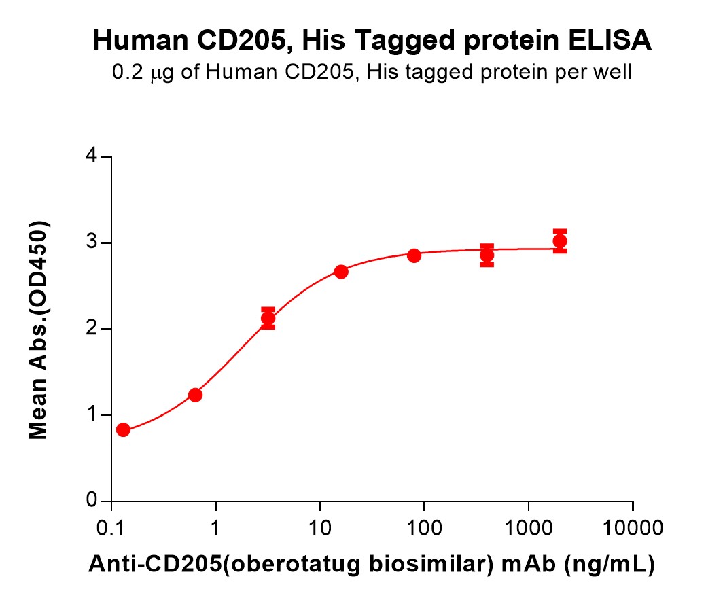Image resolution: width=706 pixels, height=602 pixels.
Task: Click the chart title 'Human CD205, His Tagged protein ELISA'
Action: [x=372, y=42]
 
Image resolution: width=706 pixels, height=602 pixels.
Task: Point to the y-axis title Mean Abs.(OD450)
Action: [x=39, y=330]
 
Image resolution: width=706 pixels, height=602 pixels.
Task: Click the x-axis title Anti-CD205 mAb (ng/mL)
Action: [x=372, y=563]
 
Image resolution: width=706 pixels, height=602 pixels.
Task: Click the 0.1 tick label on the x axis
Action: [x=111, y=527]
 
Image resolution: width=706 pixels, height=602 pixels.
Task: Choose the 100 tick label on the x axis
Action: [x=424, y=527]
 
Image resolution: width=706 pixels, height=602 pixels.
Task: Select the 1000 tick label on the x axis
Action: [x=529, y=527]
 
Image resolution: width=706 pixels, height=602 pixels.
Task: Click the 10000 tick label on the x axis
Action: [x=633, y=527]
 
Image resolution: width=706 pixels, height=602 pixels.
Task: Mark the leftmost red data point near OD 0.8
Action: [x=123, y=429]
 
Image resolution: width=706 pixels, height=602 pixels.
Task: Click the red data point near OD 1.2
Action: [x=195, y=395]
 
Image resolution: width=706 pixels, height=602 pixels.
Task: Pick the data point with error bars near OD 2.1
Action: [x=268, y=318]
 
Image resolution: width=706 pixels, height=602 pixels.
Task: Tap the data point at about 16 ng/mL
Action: [x=341, y=272]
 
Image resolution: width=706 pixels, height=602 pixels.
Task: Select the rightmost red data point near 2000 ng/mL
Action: [x=560, y=241]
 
